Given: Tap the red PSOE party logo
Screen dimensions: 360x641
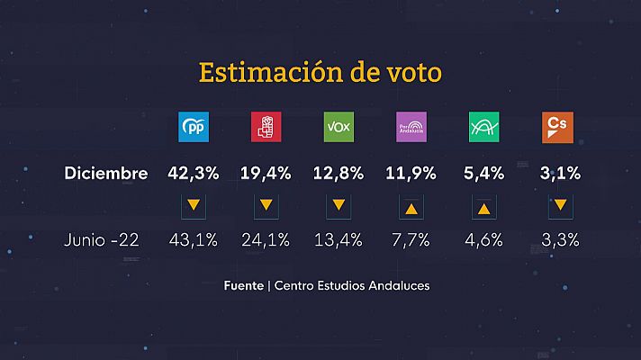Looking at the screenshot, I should click(x=266, y=128).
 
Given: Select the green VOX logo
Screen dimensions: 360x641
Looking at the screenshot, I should click(x=339, y=128).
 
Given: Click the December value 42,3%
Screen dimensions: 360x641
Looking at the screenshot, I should click(x=194, y=174).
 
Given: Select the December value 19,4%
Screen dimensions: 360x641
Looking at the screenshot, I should click(x=266, y=174).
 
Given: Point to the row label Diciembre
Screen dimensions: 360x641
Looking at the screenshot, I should click(x=106, y=174).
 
